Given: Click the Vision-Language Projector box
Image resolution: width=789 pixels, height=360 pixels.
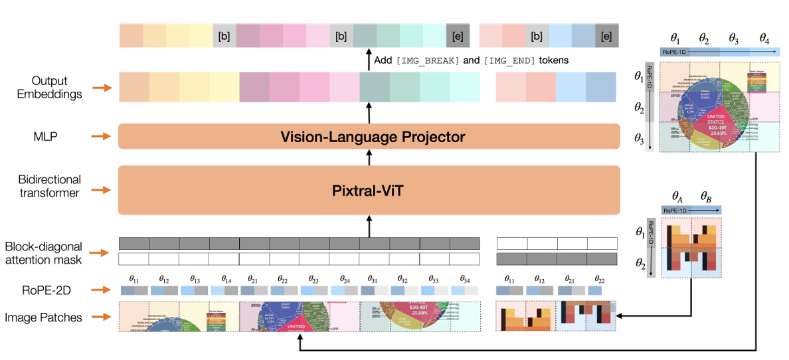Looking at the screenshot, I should tap(369, 137).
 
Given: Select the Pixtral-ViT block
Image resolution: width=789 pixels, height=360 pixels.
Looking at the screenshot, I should tap(369, 190).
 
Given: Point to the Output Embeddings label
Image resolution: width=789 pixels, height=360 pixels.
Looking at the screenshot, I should tap(51, 87).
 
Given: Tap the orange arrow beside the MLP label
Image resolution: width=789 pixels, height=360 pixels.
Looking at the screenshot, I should tap(100, 136).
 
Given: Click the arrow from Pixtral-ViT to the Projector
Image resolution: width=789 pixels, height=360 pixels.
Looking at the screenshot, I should tap(369, 157).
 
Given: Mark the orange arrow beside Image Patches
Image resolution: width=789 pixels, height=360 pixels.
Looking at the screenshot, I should tap(100, 317).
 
